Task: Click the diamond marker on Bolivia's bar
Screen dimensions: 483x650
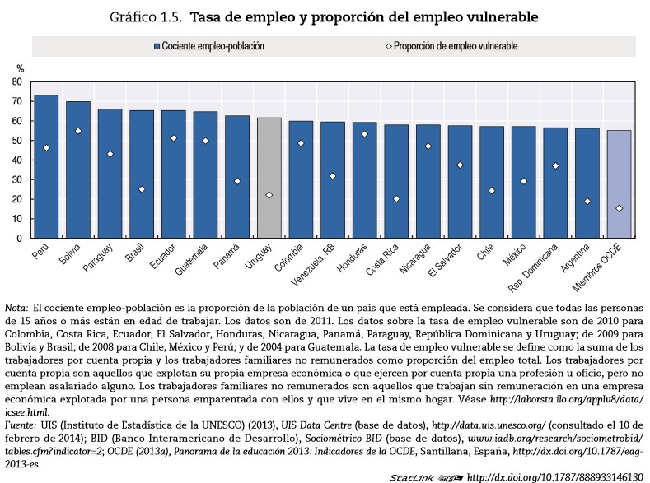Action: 78,131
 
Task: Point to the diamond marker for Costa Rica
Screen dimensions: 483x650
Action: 396,199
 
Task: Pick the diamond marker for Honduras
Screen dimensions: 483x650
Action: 365,134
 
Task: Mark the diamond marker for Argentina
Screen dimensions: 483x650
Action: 587,202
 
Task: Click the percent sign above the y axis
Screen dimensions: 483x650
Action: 21,68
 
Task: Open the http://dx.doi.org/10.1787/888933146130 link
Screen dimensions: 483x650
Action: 555,476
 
